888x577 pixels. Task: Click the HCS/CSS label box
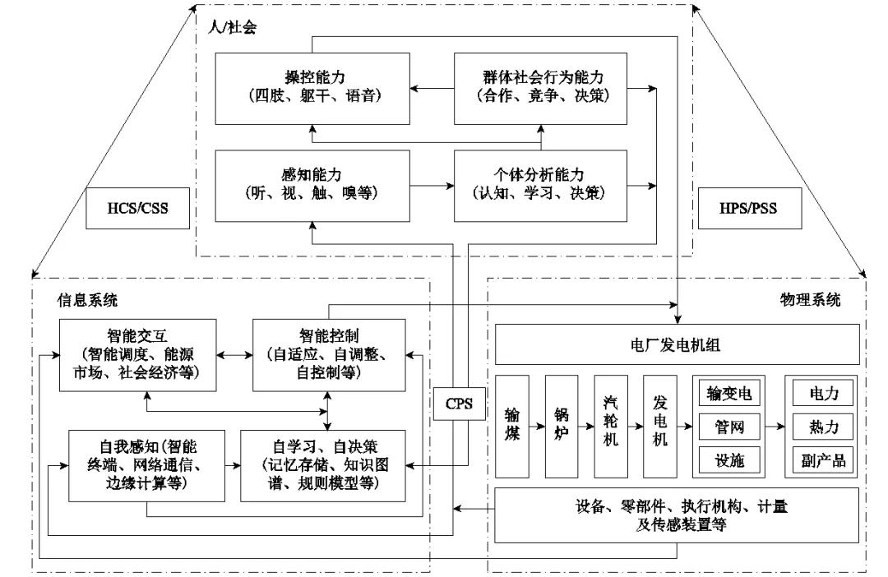(x=138, y=208)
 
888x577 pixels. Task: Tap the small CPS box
(x=458, y=403)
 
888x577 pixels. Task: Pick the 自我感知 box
(x=146, y=464)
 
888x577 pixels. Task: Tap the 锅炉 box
(x=562, y=426)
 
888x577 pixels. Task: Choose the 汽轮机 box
(x=611, y=426)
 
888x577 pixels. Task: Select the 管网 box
(x=724, y=426)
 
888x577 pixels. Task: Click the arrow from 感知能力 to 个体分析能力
(x=432, y=186)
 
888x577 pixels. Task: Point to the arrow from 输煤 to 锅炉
(x=537, y=427)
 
